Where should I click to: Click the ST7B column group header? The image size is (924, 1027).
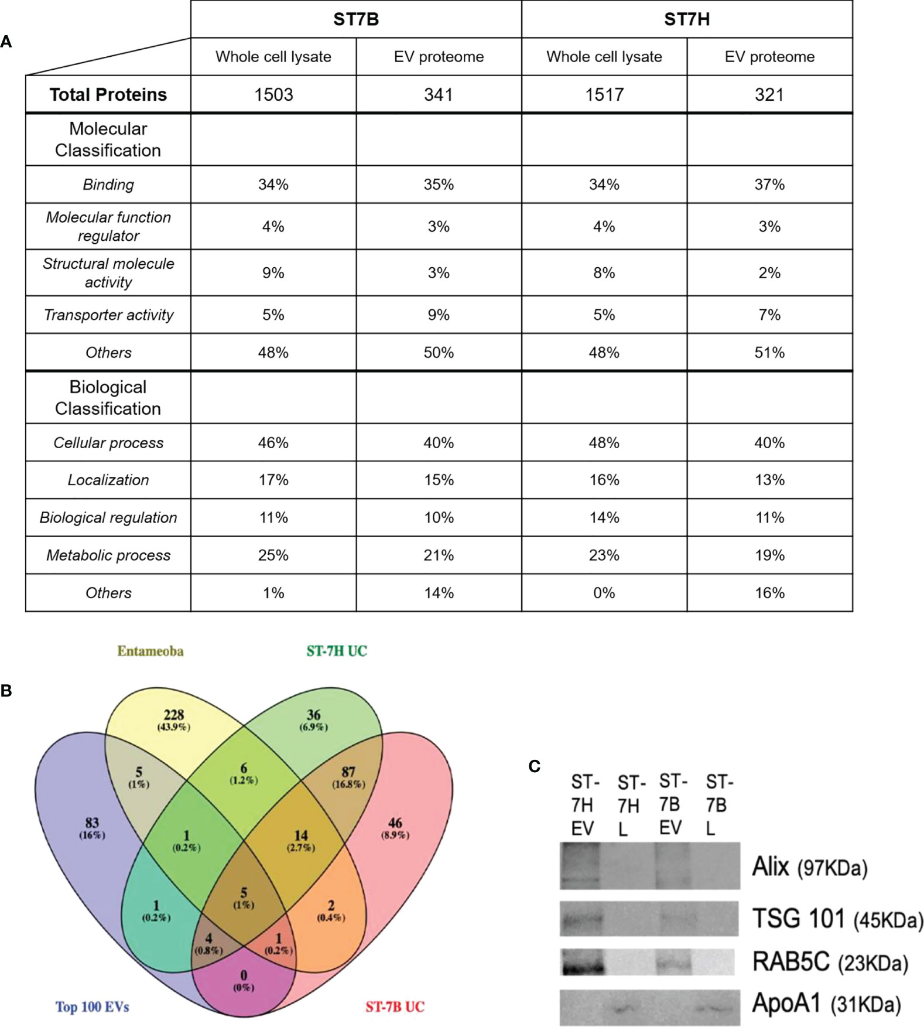(356, 19)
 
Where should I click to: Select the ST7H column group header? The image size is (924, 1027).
(686, 19)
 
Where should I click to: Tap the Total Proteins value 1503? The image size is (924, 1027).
(273, 94)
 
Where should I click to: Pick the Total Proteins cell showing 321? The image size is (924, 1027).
(769, 94)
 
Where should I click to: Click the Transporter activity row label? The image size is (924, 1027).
(108, 315)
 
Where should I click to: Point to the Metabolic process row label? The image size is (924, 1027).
(108, 555)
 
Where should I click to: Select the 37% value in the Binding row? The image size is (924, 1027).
(769, 185)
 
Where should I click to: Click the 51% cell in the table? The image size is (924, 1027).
(769, 353)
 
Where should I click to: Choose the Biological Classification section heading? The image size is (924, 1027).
(108, 398)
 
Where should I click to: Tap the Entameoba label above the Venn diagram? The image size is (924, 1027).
(150, 651)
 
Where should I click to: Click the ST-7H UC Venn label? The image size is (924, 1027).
(337, 651)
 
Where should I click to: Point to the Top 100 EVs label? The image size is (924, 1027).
(92, 1007)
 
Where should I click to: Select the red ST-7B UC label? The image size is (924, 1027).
(395, 1007)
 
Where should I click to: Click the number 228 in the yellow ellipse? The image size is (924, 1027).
(174, 715)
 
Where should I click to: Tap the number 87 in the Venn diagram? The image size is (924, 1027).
(348, 772)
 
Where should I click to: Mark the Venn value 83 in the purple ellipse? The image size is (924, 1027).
(92, 823)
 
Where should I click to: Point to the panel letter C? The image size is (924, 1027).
(534, 766)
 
